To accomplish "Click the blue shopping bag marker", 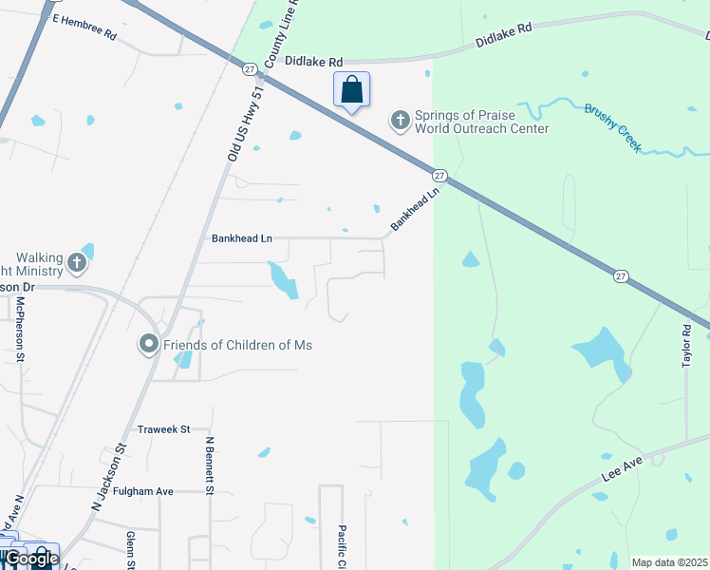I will tap(351, 91).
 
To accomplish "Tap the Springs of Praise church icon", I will tap(400, 120).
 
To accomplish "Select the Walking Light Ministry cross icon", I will tap(77, 262).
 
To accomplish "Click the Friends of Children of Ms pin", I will tap(148, 344).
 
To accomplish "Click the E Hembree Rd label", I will tap(84, 27).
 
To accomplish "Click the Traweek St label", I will tap(163, 429).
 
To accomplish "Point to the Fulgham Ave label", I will tap(142, 491).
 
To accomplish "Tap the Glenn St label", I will tap(130, 549).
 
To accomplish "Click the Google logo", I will tap(31, 559).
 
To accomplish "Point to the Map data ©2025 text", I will tap(669, 562).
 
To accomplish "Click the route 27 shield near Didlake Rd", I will tap(250, 68).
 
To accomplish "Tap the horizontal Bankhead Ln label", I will tap(241, 238).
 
